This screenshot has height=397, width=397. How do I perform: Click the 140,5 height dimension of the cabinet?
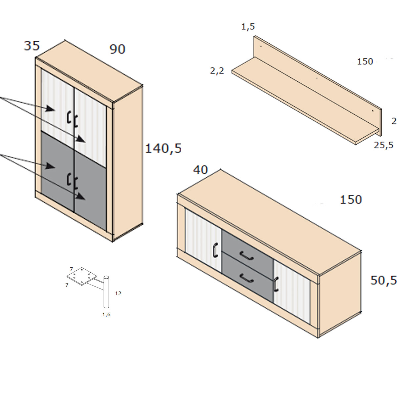pyautogui.click(x=163, y=149)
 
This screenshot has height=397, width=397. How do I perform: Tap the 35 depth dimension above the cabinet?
pyautogui.click(x=32, y=46)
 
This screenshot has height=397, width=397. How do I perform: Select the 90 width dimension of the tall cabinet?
pyautogui.click(x=117, y=49)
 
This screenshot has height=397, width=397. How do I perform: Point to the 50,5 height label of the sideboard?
pyautogui.click(x=383, y=281)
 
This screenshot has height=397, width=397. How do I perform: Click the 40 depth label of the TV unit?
pyautogui.click(x=200, y=170)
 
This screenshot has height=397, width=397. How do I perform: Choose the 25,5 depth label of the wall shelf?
pyautogui.click(x=383, y=145)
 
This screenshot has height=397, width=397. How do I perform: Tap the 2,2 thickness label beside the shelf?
pyautogui.click(x=217, y=70)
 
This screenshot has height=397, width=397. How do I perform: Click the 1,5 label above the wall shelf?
pyautogui.click(x=248, y=26)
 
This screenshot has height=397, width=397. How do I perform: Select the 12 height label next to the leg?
pyautogui.click(x=118, y=293)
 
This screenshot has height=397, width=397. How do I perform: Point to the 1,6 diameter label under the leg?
pyautogui.click(x=106, y=315)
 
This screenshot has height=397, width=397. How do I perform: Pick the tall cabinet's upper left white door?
pyautogui.click(x=56, y=106)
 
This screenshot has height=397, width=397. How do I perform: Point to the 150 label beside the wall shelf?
pyautogui.click(x=365, y=62)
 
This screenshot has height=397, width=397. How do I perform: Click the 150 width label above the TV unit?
pyautogui.click(x=351, y=200)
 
